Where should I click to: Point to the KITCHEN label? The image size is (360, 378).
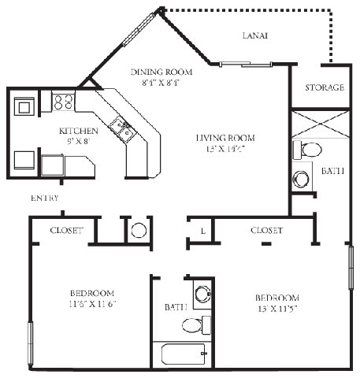click(80, 131)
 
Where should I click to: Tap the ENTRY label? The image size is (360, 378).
click(45, 198)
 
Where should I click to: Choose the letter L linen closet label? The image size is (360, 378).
click(202, 231)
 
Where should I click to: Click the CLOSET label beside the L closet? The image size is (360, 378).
click(266, 231)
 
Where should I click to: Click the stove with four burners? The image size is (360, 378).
click(63, 102)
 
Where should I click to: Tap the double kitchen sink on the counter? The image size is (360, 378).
click(121, 128)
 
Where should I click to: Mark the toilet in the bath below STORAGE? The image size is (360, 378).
click(310, 150)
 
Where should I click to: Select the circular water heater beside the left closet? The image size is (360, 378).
click(138, 231)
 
